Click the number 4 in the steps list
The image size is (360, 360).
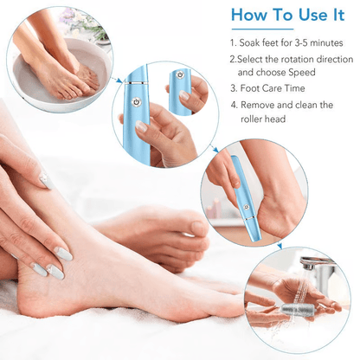point(234,104)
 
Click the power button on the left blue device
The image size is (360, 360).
point(134,101)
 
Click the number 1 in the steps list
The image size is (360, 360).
point(234,42)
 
